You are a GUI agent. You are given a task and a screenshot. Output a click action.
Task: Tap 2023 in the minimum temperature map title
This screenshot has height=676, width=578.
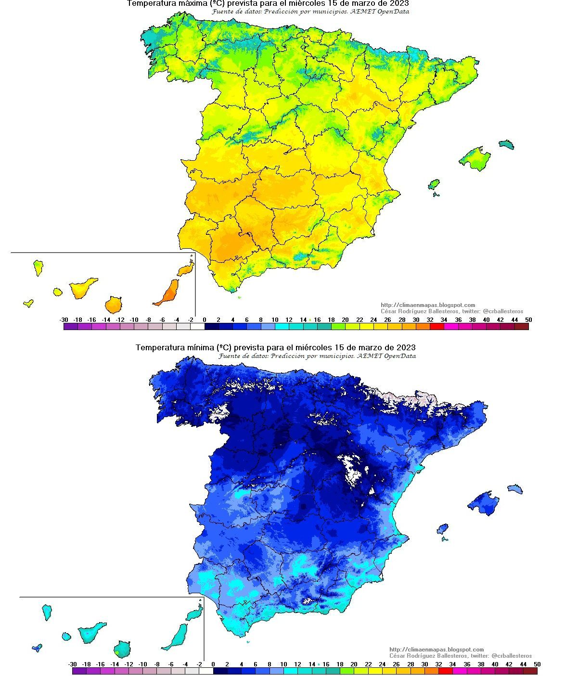coord(406,347)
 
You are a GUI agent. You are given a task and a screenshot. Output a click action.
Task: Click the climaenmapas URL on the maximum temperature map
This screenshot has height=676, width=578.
coord(428,305)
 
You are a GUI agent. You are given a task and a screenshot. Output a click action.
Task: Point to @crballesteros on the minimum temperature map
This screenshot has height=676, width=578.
coord(512,656)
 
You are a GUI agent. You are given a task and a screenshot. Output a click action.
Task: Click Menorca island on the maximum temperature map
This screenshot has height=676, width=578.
coord(506,144)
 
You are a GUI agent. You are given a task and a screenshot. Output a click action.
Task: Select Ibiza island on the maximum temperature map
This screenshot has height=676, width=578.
coord(434,184)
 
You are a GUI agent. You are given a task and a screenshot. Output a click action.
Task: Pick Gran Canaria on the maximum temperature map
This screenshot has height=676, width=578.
coord(114,305)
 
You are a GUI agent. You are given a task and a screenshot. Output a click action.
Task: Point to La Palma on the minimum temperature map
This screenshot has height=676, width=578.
coord(47,612)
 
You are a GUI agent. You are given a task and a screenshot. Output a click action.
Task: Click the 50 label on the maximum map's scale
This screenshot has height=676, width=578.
coord(528,320)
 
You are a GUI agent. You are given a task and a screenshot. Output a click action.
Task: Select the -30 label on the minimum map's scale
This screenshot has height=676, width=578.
coord(73,664)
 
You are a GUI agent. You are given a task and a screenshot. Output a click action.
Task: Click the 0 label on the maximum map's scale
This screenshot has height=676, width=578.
coord(205,320)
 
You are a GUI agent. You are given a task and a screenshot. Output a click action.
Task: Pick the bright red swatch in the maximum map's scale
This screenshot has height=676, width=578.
coord(437,327)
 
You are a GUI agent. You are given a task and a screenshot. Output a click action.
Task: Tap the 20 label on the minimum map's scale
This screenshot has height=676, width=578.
coord(354,664)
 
